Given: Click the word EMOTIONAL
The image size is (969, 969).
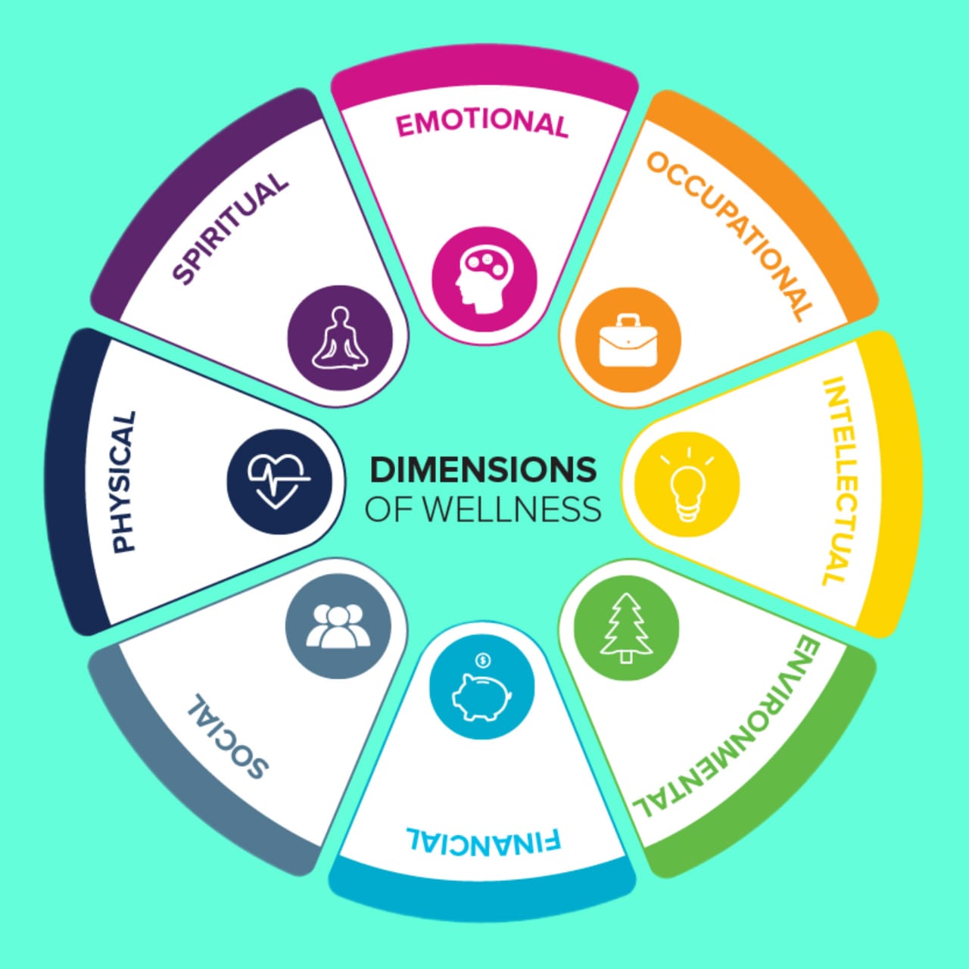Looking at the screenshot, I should pyautogui.click(x=482, y=123).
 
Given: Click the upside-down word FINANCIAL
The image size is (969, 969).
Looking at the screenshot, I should pyautogui.click(x=484, y=841).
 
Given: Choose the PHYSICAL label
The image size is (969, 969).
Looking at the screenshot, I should pyautogui.click(x=123, y=481).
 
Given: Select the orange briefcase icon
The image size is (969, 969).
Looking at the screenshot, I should pyautogui.click(x=628, y=341).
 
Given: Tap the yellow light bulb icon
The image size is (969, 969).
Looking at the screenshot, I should pyautogui.click(x=687, y=484).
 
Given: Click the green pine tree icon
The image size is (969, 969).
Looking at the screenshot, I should pyautogui.click(x=626, y=628).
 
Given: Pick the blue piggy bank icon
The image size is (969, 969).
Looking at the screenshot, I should pyautogui.click(x=481, y=690).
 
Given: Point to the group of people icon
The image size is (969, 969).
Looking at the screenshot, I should pyautogui.click(x=338, y=626).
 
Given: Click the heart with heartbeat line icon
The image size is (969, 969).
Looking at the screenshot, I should pyautogui.click(x=279, y=481).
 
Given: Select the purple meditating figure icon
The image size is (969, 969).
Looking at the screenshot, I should pyautogui.click(x=341, y=338).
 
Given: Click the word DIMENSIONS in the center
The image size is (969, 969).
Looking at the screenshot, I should pyautogui.click(x=483, y=470).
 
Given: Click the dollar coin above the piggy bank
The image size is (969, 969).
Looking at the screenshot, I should pyautogui.click(x=483, y=661).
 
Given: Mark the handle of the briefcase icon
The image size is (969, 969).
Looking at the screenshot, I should pyautogui.click(x=628, y=322).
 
